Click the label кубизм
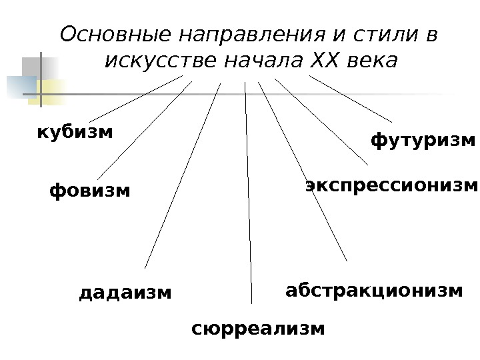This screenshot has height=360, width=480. pos(75,132)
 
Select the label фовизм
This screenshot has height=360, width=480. pos(90,191)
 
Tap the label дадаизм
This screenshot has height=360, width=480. pos(125,293)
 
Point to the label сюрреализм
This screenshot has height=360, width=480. pos(258,329)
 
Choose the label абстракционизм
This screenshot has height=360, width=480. pos(373,291)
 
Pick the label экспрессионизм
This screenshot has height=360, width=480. pos(392,185)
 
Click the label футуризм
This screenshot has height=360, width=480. pos(423,141)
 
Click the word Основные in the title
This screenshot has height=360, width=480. pos(117,34)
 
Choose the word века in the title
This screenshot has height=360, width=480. pos(371,62)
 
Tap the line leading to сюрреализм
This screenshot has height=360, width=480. pos(248,193)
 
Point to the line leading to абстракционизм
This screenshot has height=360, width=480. pos(303,172)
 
